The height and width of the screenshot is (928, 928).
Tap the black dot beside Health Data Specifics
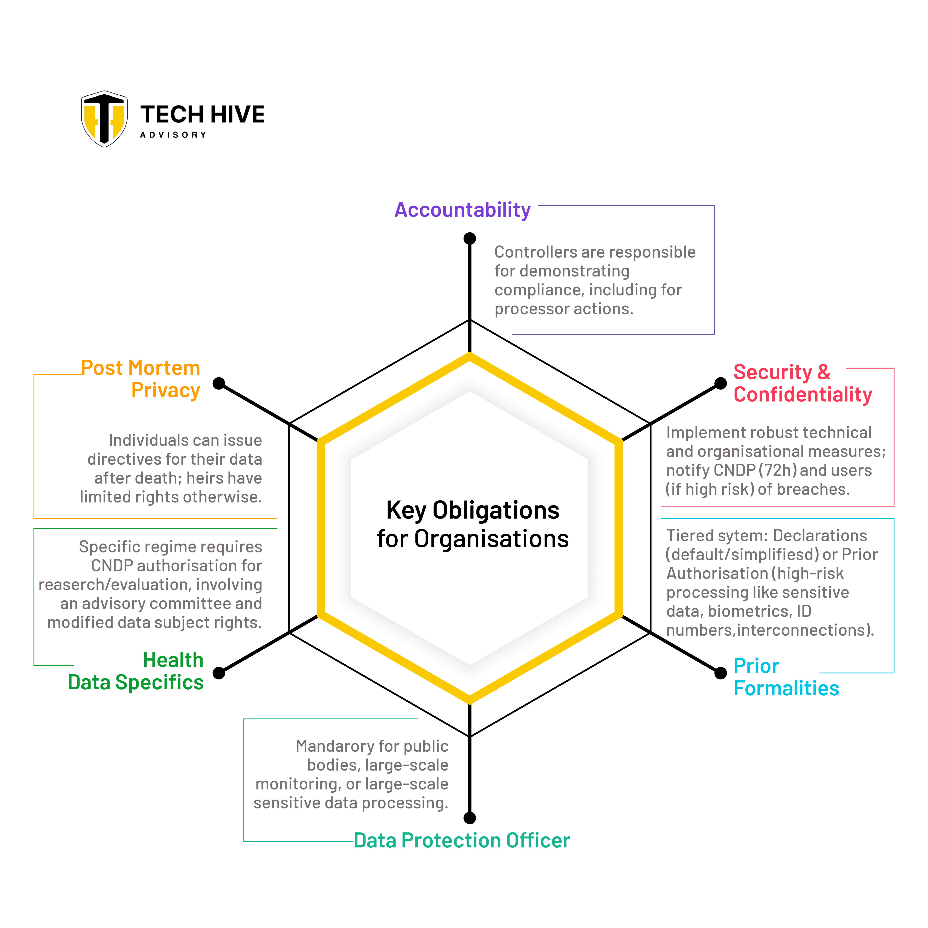[219, 673]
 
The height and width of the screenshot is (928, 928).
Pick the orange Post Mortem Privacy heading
[141, 379]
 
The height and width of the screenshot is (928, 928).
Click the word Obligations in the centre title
[496, 510]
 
